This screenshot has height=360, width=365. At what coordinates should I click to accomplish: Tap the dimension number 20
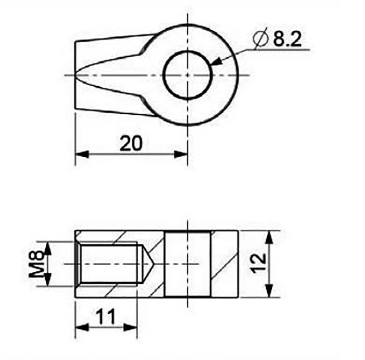pyautogui.click(x=131, y=144)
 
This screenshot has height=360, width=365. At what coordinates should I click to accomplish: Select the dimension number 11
pyautogui.click(x=106, y=317)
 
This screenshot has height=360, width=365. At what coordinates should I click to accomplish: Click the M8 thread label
pyautogui.click(x=36, y=264)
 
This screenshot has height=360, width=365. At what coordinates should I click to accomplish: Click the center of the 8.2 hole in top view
pyautogui.click(x=188, y=75)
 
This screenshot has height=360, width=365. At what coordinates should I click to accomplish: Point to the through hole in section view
pyautogui.click(x=188, y=264)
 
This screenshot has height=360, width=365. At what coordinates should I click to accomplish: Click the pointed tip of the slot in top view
pyautogui.click(x=77, y=75)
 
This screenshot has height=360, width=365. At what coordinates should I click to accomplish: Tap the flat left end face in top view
pyautogui.click(x=75, y=75)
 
